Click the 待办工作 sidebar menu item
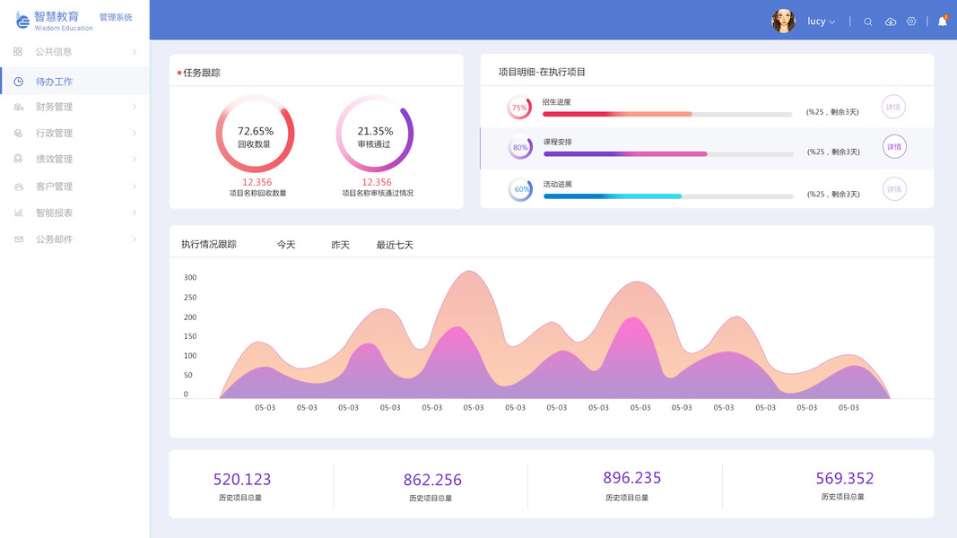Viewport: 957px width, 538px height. point(54,82)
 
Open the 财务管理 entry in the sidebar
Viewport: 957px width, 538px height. point(54,108)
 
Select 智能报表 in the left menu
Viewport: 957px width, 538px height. point(54,213)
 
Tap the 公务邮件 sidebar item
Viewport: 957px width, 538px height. point(54,239)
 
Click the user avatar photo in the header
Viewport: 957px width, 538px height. point(783,22)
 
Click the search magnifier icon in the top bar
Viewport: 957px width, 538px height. point(868,22)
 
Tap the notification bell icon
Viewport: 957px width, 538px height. point(942,22)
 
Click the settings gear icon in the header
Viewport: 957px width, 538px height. point(911,22)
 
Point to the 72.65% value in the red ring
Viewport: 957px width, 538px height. point(256,131)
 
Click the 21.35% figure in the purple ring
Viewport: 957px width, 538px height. point(375,131)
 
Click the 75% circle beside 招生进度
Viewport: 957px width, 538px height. point(519,108)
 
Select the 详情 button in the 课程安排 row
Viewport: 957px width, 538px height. point(894,147)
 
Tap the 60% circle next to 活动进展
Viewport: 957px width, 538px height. point(520,189)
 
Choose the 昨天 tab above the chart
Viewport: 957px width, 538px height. point(341,245)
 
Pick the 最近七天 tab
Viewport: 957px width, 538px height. point(395,245)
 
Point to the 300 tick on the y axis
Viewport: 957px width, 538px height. point(190,278)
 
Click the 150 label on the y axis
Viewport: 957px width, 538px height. point(190,336)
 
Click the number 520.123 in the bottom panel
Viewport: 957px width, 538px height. point(242,480)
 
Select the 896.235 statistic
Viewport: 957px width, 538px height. point(632,478)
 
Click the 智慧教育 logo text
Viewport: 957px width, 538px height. point(57,16)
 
